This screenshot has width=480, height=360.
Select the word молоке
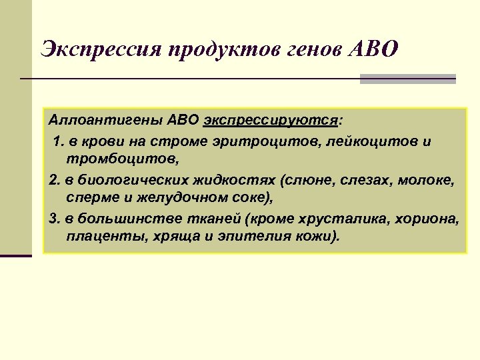click(x=425, y=180)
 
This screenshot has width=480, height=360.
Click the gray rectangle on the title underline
click(x=407, y=79)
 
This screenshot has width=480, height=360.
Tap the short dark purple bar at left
click(x=16, y=256)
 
